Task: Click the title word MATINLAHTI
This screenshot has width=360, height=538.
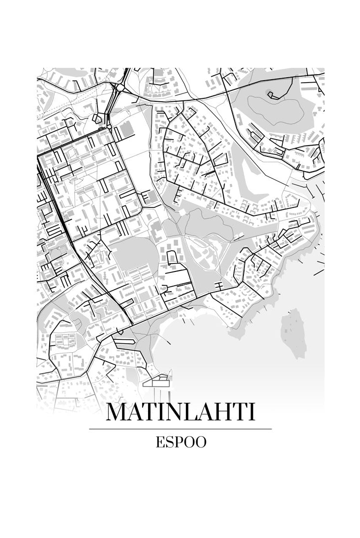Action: (x=180, y=412)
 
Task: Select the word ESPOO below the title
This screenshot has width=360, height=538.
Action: (x=180, y=442)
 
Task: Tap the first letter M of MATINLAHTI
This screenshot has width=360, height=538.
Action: (x=117, y=412)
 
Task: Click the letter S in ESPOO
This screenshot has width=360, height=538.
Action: (x=170, y=442)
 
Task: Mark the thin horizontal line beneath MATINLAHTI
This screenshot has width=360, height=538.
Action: (x=180, y=429)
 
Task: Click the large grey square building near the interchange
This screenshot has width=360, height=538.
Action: (x=127, y=129)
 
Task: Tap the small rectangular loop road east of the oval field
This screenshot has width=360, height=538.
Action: (x=174, y=256)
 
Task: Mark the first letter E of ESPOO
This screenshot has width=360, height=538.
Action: (x=160, y=442)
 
